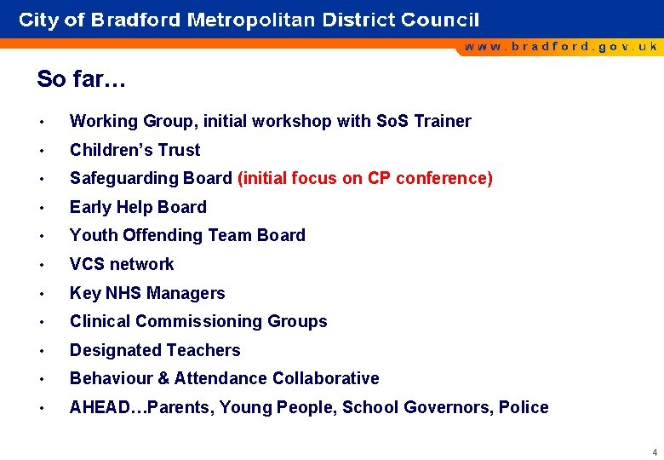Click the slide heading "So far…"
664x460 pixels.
coord(81,79)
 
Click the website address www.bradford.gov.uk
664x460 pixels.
coord(560,47)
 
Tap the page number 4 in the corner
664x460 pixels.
coord(654,452)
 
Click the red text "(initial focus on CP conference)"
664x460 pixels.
coord(364,178)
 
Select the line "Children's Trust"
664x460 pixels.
coord(135,150)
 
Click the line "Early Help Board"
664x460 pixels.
coord(138,207)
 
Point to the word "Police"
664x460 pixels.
coord(524,407)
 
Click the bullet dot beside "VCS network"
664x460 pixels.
coord(41,264)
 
